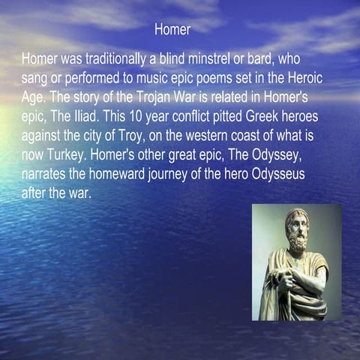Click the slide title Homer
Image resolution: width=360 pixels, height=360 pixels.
pos(172,30)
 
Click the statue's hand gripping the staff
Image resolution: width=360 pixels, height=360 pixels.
pos(285,280)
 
